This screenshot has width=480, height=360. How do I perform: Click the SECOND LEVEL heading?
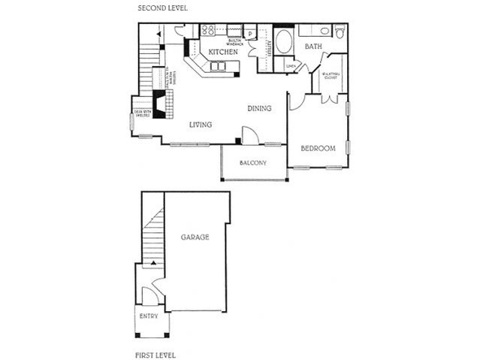163,8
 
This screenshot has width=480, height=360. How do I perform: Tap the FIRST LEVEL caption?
156,352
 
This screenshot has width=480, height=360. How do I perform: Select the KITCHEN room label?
223,53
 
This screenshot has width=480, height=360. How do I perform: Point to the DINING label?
259,108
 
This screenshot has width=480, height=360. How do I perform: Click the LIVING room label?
200,125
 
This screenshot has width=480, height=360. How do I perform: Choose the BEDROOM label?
317,148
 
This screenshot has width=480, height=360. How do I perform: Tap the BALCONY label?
253,162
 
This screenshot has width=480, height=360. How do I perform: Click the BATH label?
313,47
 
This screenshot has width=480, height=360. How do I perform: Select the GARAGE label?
195,237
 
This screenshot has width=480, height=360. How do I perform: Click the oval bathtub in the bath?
285,42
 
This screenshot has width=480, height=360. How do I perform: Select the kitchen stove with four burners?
208,31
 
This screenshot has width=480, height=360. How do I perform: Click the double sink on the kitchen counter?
219,68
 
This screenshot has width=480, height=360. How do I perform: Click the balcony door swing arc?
252,135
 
